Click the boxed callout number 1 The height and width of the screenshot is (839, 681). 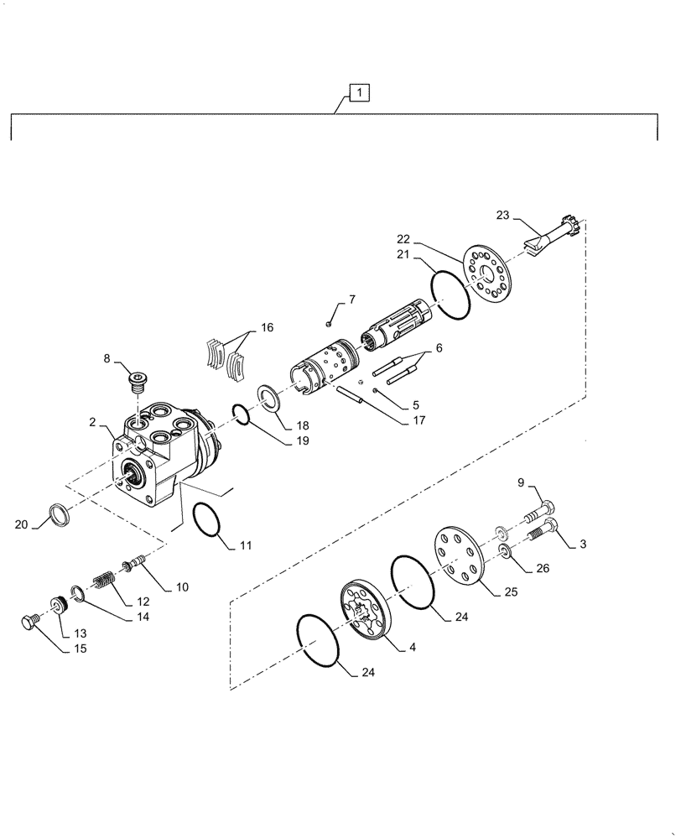(x=357, y=93)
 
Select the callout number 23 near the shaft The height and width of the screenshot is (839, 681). (x=502, y=215)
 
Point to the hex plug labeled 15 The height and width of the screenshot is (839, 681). (x=28, y=622)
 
